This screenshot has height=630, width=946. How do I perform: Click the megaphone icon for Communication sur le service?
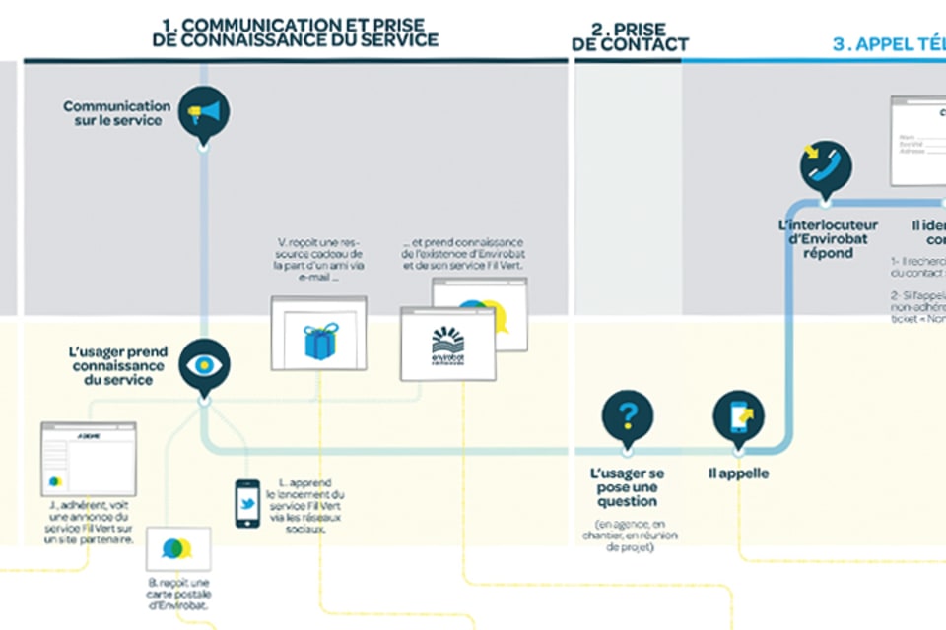tap(204, 112)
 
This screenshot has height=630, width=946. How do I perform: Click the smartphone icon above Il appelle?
tap(738, 415)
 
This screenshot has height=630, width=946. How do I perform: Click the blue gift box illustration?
tap(319, 341)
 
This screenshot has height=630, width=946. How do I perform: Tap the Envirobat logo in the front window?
tap(447, 346)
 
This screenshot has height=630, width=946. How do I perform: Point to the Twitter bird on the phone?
tap(247, 502)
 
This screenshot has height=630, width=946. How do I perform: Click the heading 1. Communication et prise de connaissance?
tap(296, 31)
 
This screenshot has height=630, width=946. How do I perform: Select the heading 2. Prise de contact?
tap(630, 35)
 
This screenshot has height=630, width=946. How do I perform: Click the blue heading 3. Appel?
tap(887, 43)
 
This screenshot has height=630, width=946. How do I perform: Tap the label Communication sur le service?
tap(116, 113)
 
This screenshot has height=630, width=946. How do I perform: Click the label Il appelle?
tap(738, 474)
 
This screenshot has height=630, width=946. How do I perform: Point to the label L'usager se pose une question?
tap(627, 486)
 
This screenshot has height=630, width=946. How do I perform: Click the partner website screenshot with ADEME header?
tap(88, 459)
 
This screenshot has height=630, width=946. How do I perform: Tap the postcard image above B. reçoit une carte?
tap(177, 548)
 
